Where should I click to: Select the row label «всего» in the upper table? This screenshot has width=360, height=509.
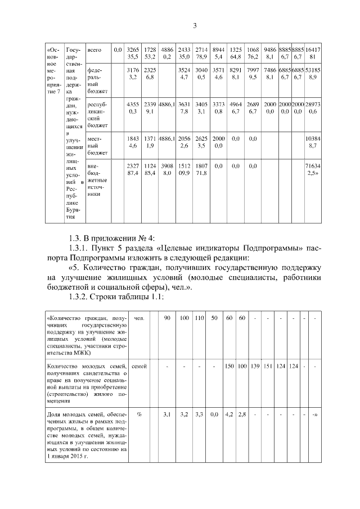click(94, 50)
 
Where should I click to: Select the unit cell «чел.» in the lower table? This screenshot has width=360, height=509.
click(139, 319)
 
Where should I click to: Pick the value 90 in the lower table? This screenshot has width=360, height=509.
click(167, 319)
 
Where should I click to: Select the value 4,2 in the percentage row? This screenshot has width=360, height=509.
click(229, 415)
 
